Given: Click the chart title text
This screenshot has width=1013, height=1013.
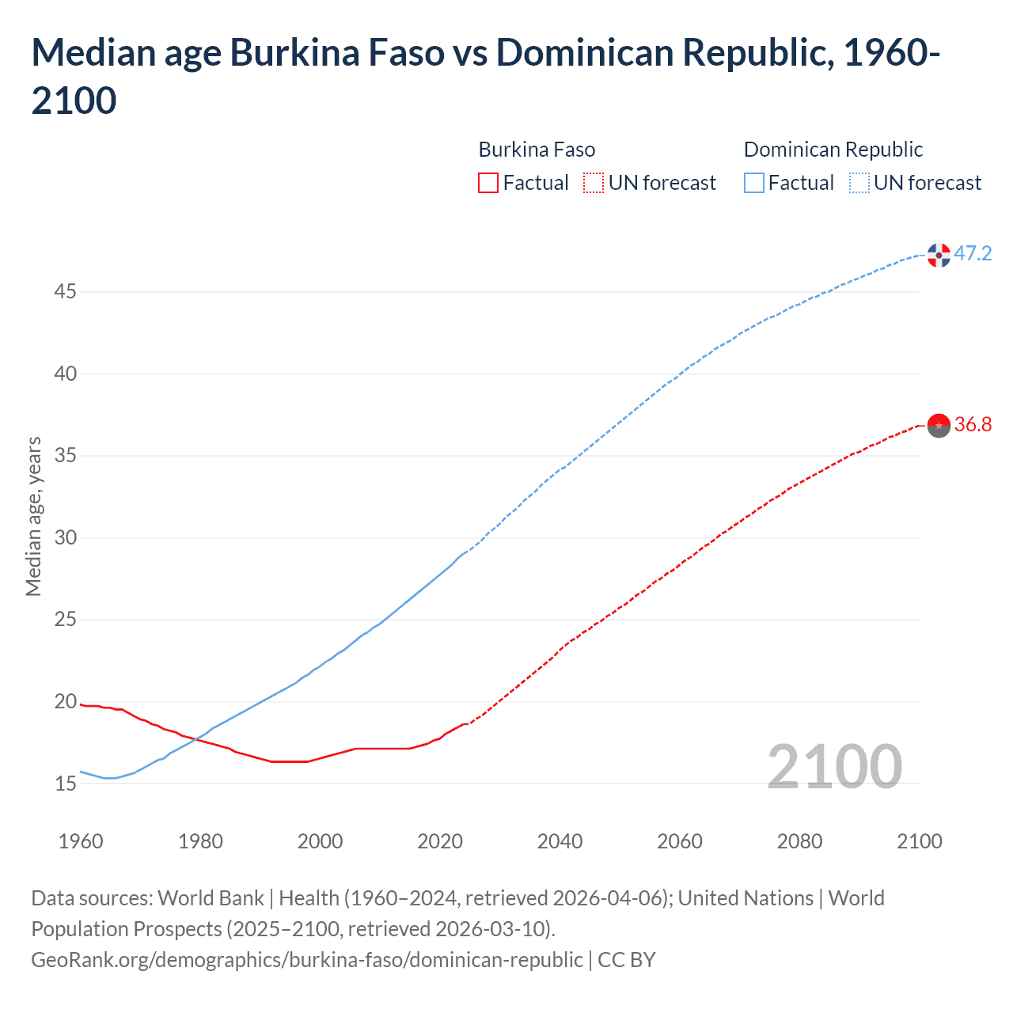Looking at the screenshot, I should (485, 76).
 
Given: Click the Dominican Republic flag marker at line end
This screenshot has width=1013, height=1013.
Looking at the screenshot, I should (939, 255).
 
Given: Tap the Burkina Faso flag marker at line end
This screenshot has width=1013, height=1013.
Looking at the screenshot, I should (939, 425).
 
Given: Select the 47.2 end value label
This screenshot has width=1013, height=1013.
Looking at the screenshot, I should (973, 253).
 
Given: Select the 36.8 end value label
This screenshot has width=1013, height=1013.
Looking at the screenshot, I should (973, 425).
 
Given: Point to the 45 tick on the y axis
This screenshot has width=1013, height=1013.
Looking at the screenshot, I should (65, 292).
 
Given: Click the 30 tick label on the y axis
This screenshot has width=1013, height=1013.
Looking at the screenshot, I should (65, 538).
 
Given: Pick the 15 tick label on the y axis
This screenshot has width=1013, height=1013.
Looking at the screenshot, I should (65, 784).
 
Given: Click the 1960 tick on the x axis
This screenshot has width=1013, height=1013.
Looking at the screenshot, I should (81, 840).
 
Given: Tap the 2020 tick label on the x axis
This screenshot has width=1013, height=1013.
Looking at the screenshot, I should (440, 840).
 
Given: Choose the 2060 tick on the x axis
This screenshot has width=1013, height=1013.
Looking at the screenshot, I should (680, 840).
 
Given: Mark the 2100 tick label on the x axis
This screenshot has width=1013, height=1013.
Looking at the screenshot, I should (919, 840).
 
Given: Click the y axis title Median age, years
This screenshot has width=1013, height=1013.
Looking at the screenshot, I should (33, 516).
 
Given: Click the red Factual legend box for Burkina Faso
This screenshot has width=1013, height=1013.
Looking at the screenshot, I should (488, 183).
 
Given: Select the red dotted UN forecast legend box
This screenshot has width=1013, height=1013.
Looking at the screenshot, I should (594, 183).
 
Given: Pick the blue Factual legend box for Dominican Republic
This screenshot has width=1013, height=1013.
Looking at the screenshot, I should (754, 183).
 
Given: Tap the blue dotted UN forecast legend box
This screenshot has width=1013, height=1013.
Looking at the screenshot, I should (859, 183).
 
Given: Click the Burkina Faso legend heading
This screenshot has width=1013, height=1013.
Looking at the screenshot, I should (537, 150).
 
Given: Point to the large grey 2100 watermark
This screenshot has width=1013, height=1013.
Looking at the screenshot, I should (834, 766).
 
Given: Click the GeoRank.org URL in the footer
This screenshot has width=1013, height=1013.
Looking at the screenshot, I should (306, 959).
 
